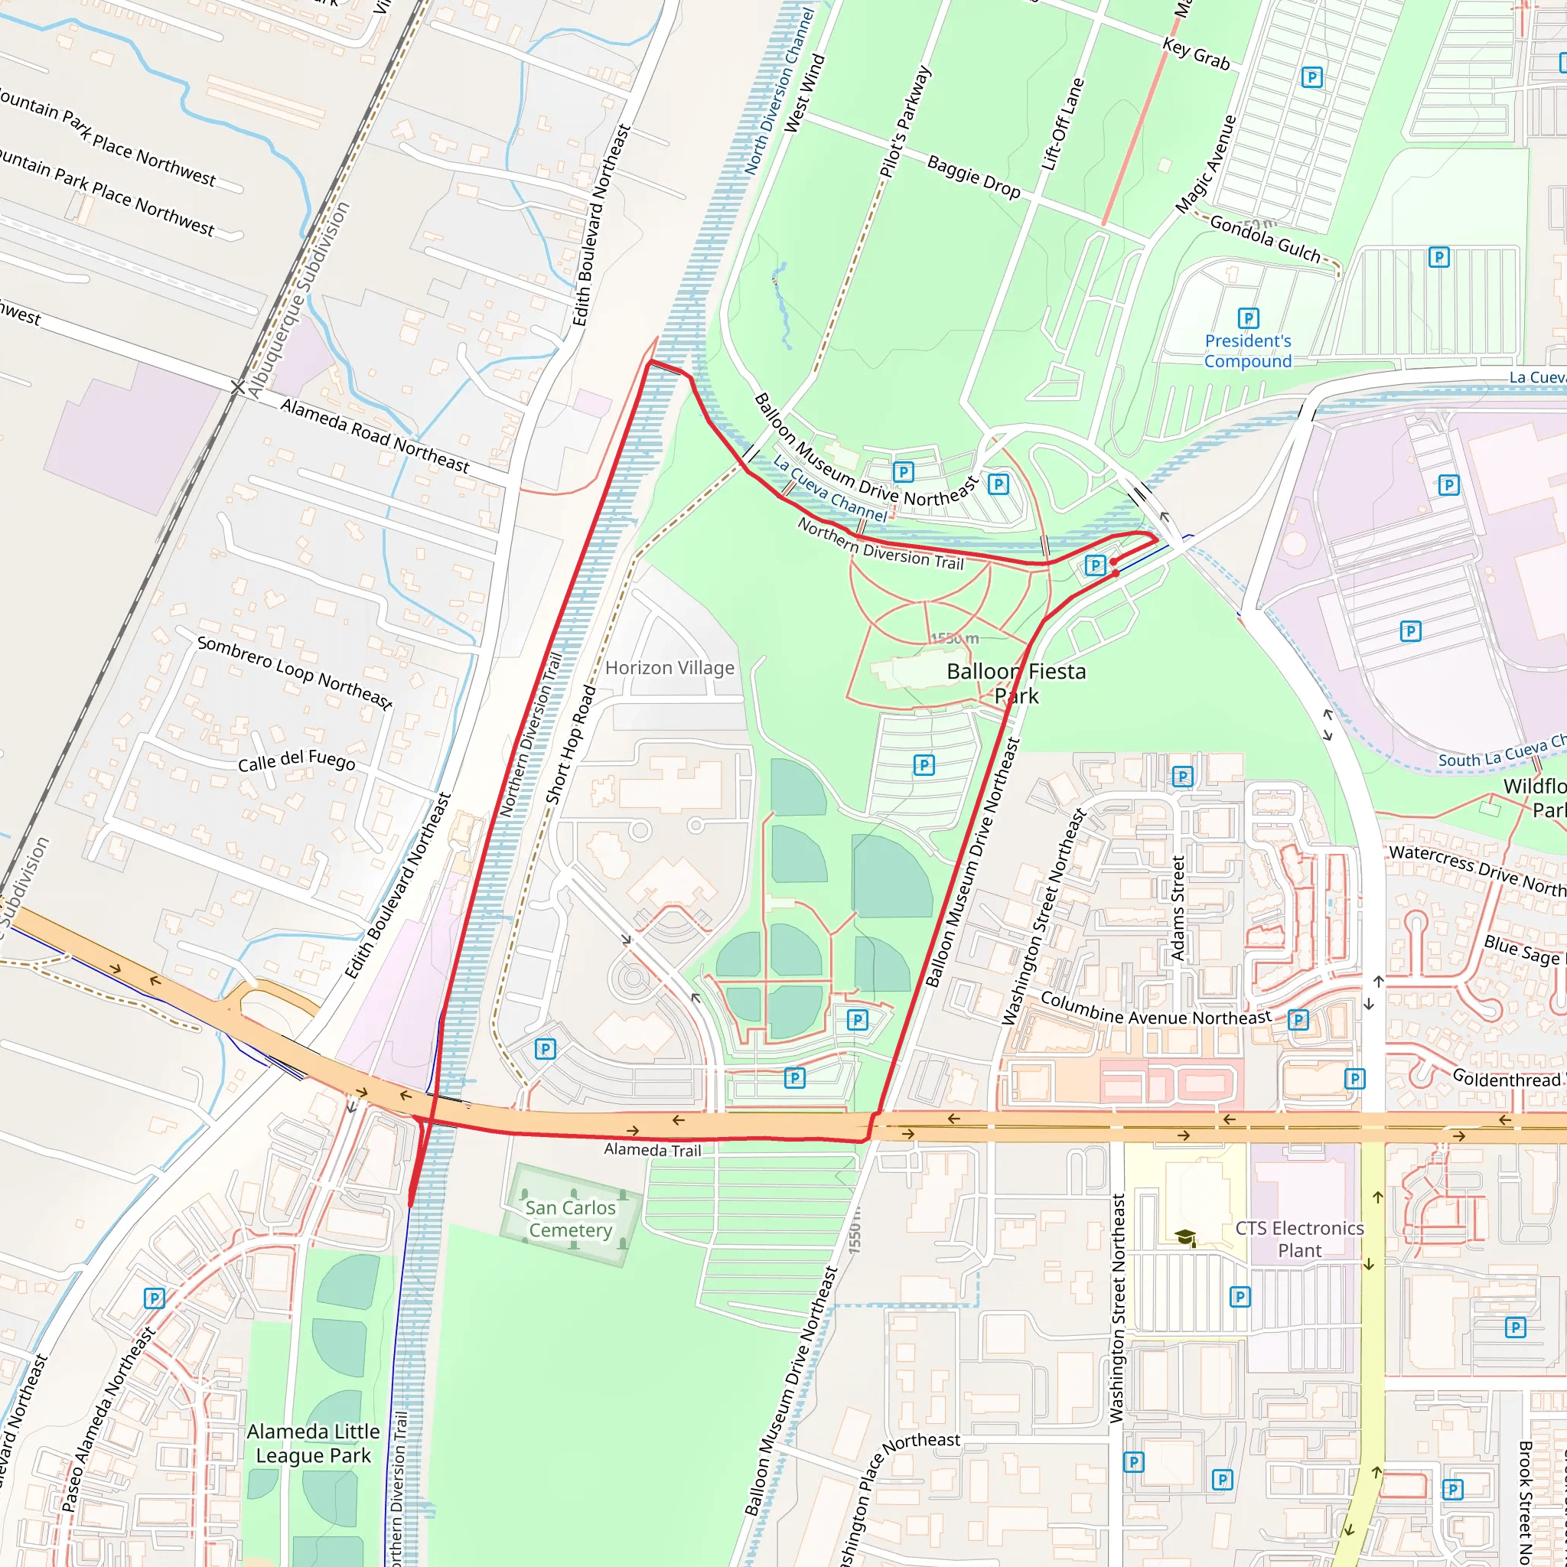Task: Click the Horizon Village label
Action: (x=669, y=667)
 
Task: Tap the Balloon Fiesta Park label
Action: (x=1015, y=683)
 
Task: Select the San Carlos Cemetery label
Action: (x=570, y=1218)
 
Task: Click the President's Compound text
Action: (x=1247, y=351)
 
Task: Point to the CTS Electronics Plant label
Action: (x=1299, y=1239)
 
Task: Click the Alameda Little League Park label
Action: (x=313, y=1443)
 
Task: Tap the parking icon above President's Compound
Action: (x=1248, y=318)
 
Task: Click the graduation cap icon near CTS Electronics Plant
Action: (x=1185, y=1237)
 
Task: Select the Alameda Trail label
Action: (x=652, y=1149)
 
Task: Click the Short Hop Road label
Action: (x=570, y=744)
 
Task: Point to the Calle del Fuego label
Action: (x=296, y=761)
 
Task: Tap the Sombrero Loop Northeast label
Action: (x=295, y=673)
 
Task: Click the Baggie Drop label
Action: (x=973, y=177)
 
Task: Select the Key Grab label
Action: (x=1196, y=54)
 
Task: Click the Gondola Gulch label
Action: (x=1265, y=239)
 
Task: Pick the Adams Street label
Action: (x=1178, y=907)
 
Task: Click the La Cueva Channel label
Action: (x=829, y=488)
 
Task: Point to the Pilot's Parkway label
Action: (x=905, y=122)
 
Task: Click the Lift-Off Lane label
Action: (x=1063, y=124)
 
